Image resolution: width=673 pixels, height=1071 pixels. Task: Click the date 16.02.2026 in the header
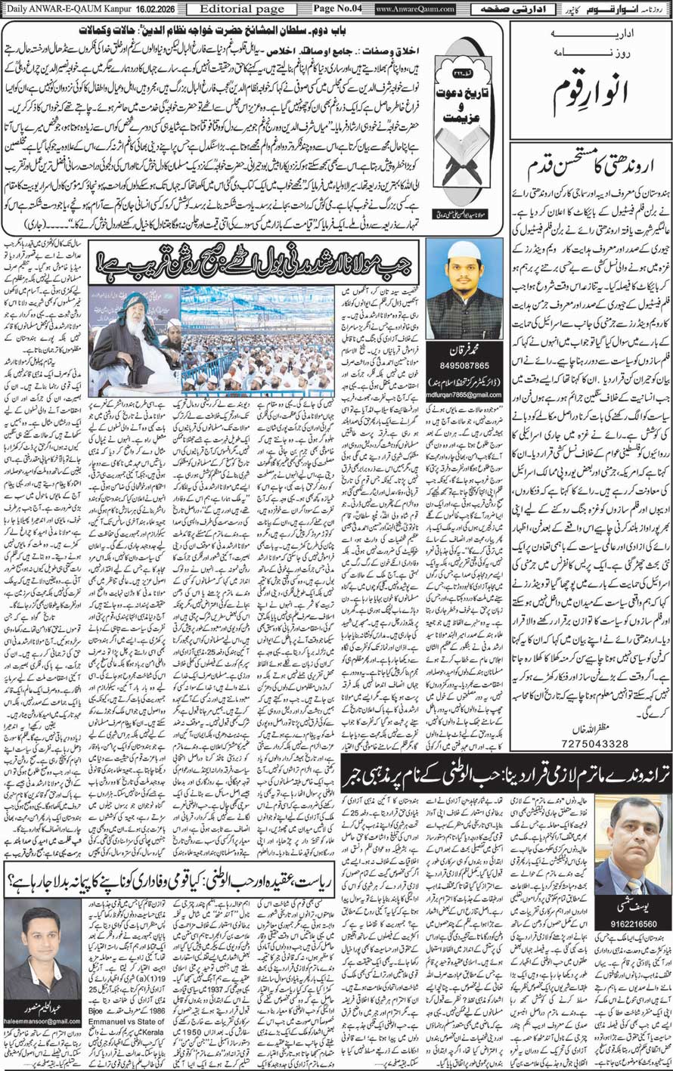[x=151, y=9]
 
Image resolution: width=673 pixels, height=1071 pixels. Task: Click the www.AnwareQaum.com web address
[x=415, y=9]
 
